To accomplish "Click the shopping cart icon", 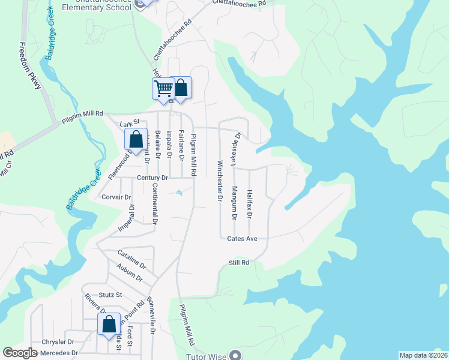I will point(163,89).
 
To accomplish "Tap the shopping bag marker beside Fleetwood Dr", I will point(136,140).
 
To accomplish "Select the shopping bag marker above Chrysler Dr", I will point(109,325).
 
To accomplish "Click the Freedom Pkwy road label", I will point(30,67).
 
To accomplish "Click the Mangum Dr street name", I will point(234,202).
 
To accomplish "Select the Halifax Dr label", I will point(250,202).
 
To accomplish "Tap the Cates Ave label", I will point(242,238).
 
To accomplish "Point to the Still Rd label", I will point(238,263).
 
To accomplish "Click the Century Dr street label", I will point(152,178).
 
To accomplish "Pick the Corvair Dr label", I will point(116,197).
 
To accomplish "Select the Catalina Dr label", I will point(131,259).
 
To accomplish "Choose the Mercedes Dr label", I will point(58,353).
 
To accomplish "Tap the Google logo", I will point(20,353).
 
